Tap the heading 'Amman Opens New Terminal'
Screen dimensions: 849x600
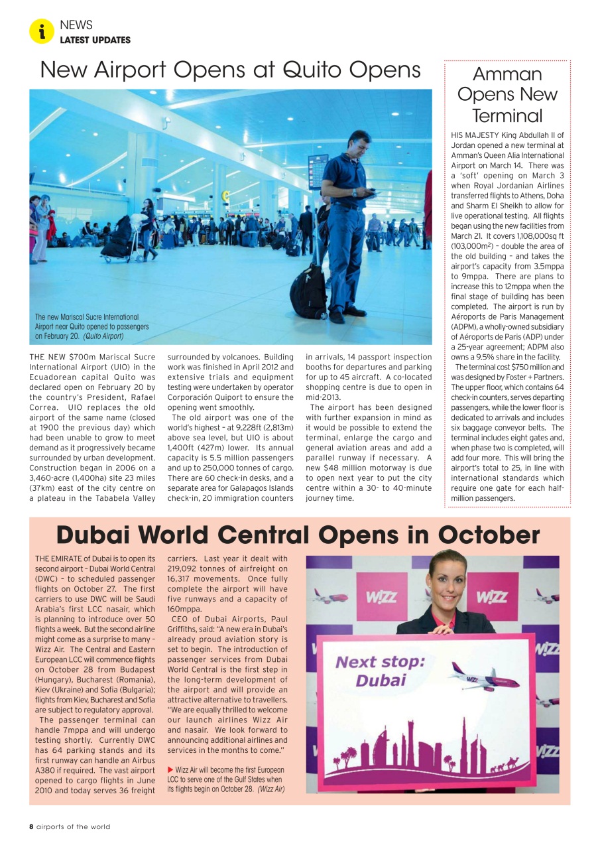click(x=507, y=94)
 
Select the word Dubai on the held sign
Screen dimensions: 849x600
click(x=381, y=681)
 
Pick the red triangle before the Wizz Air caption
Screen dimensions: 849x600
click(x=170, y=769)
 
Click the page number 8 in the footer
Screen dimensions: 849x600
click(x=31, y=826)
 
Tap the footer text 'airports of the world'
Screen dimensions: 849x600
click(x=73, y=826)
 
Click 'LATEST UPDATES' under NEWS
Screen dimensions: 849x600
click(x=95, y=40)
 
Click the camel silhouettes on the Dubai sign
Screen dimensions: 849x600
click(x=509, y=764)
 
